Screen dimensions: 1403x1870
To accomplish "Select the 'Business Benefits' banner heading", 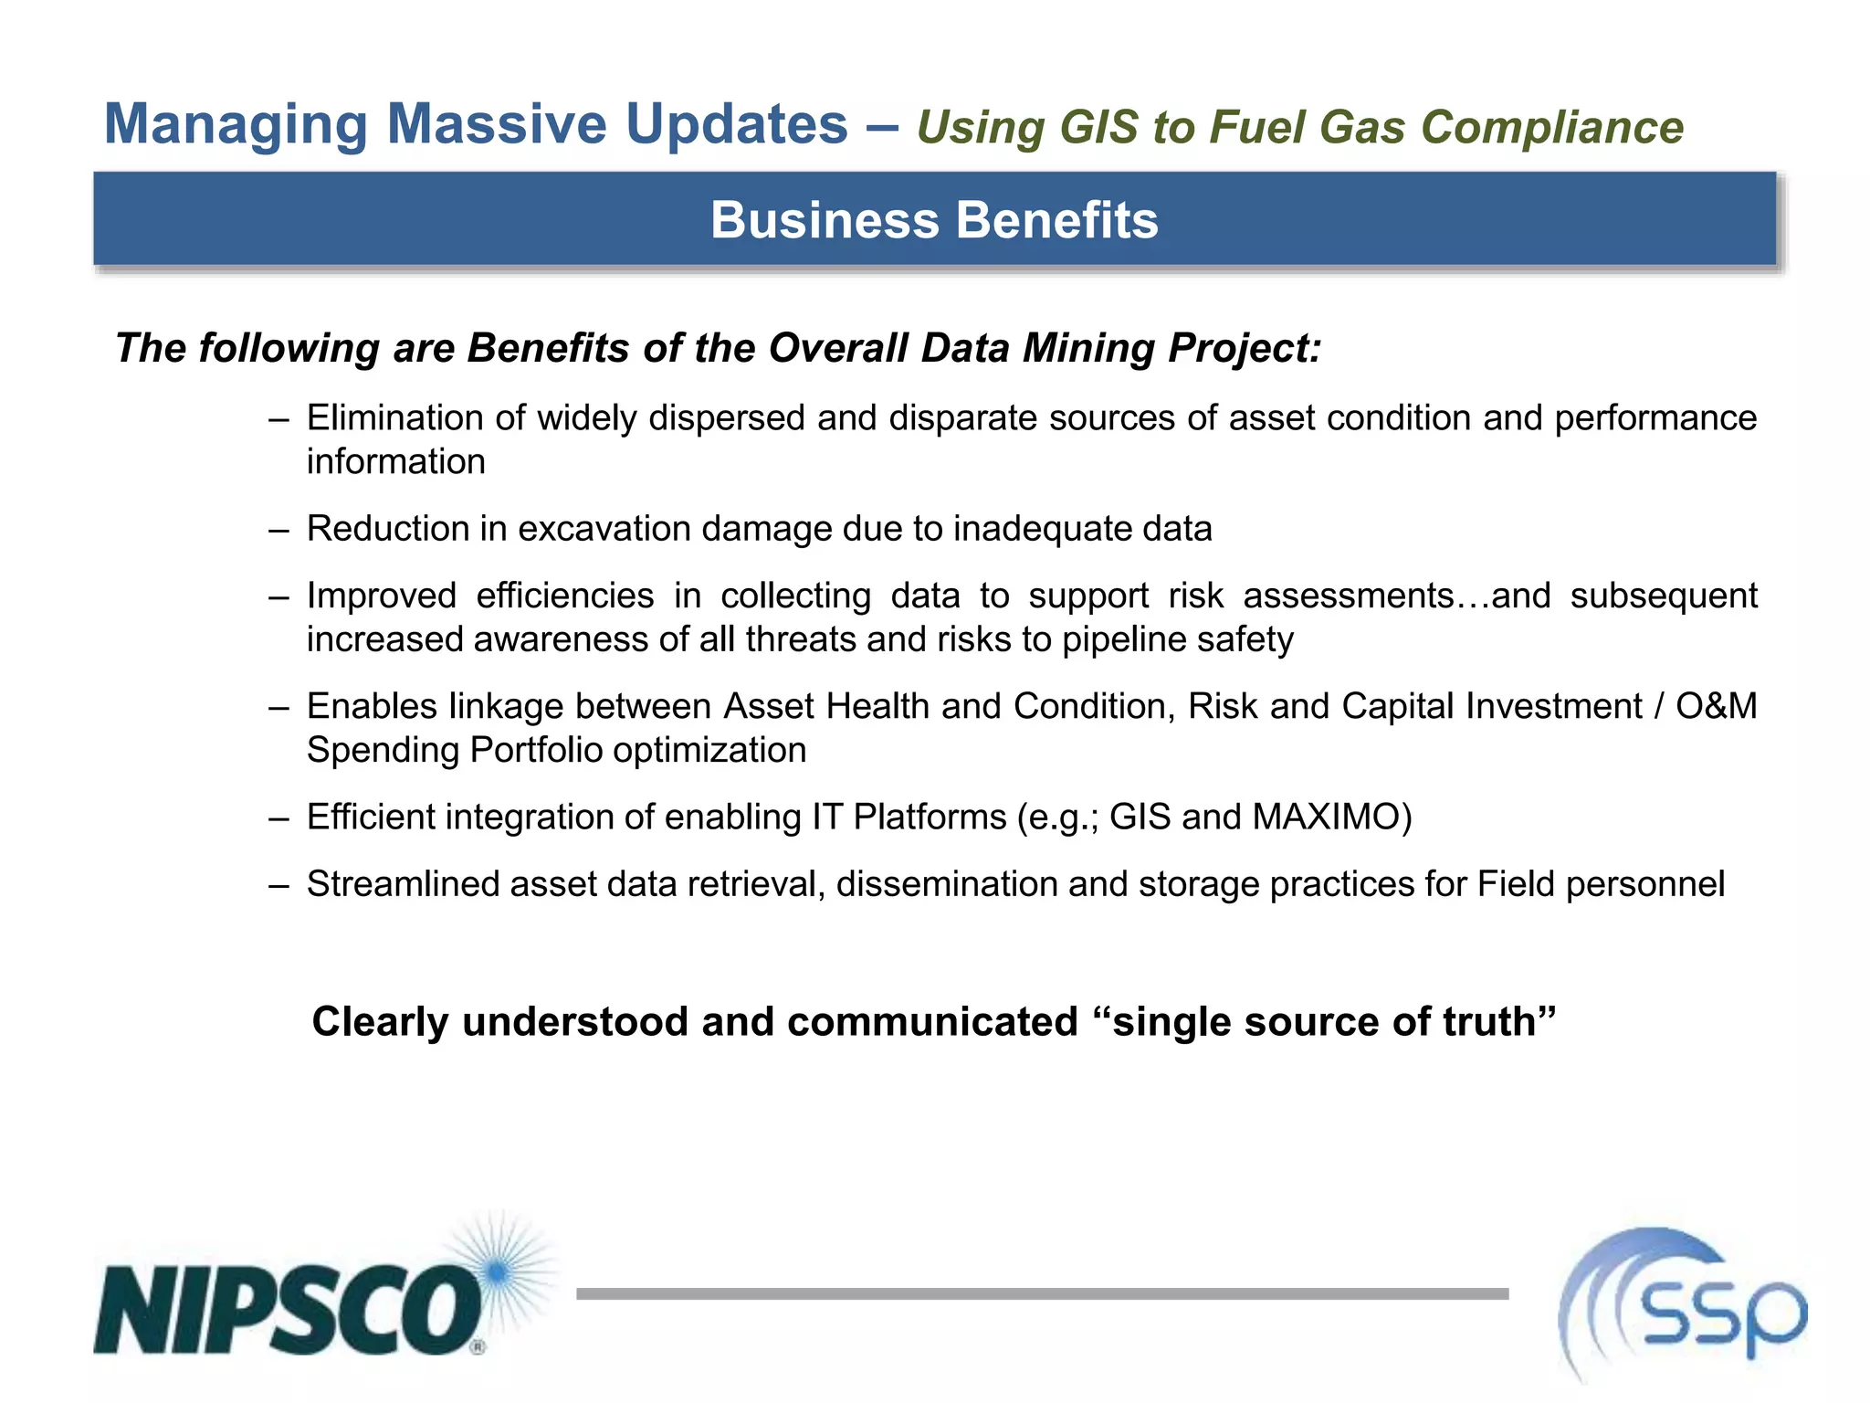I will [x=934, y=220].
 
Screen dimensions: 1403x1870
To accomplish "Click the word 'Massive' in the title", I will [x=497, y=123].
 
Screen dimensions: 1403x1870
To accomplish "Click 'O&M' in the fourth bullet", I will [x=1716, y=706].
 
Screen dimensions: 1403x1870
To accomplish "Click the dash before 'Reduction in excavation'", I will [x=278, y=530].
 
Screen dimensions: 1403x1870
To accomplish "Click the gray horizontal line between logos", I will [x=1042, y=1293].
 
